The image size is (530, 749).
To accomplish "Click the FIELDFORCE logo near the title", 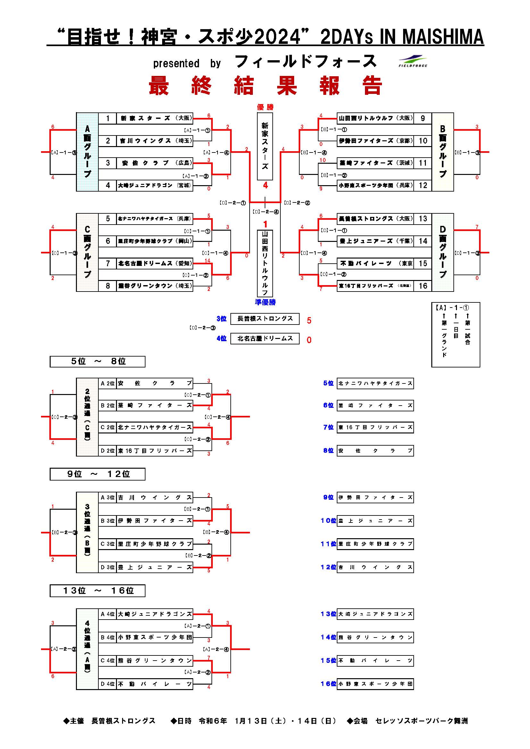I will (413, 61).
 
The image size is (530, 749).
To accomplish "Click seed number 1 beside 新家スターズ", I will (108, 119).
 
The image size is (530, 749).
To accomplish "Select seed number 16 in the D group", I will (423, 286).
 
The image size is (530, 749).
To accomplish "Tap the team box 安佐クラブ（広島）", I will (155, 163).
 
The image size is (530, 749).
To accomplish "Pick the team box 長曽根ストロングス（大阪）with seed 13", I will (375, 218).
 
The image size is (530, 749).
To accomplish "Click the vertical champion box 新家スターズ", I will (265, 146).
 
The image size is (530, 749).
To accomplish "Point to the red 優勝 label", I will (265, 107).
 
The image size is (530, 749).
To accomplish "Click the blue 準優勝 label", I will (265, 302).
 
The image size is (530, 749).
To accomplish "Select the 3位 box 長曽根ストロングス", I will (265, 319).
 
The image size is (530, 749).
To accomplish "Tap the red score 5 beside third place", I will (309, 320).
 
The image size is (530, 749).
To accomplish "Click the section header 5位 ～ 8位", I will (97, 361).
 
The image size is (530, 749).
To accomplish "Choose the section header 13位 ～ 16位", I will (97, 590).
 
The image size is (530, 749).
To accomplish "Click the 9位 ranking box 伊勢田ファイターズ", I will (375, 498).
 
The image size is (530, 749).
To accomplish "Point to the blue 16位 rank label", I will (328, 684).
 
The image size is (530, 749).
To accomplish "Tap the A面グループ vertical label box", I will (87, 152).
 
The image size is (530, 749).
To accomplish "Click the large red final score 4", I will (265, 185).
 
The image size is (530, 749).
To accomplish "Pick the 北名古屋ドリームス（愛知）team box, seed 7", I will (155, 263).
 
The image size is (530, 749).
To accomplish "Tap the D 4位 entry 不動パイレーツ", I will (155, 684).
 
